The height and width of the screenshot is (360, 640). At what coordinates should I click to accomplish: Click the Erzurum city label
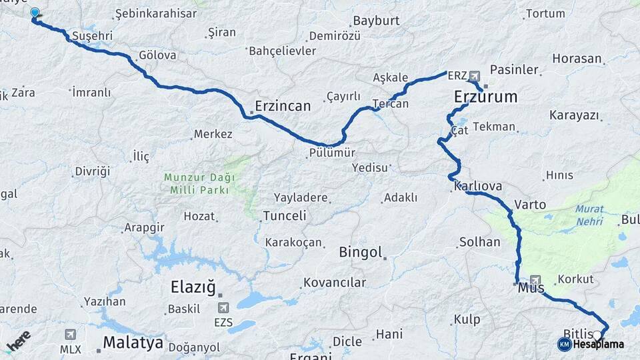point(485,97)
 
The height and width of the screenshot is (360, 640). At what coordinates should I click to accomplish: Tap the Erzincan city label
point(283,106)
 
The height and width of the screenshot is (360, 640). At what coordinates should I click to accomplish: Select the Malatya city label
point(133,343)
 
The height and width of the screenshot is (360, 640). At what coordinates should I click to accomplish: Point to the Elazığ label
point(193,288)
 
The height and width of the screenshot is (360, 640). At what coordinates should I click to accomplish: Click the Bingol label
point(361,253)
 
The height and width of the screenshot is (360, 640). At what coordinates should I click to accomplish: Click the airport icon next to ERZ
point(474,75)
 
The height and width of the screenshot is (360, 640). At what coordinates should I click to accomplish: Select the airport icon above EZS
point(223,307)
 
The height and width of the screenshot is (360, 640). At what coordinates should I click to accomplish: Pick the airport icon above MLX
point(70,334)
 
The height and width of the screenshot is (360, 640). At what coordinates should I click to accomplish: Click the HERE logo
point(18,341)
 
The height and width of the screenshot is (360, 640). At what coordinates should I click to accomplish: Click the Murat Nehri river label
point(589,214)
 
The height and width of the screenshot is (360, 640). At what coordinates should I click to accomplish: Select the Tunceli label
point(285,216)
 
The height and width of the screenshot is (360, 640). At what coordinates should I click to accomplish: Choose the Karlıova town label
point(478,186)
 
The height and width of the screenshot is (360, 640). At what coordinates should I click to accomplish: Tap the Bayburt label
point(376,21)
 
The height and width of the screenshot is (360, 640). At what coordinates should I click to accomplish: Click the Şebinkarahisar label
point(156,13)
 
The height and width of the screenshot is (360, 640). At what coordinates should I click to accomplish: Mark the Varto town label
point(530,205)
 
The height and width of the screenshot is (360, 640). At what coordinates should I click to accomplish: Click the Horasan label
point(577,59)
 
